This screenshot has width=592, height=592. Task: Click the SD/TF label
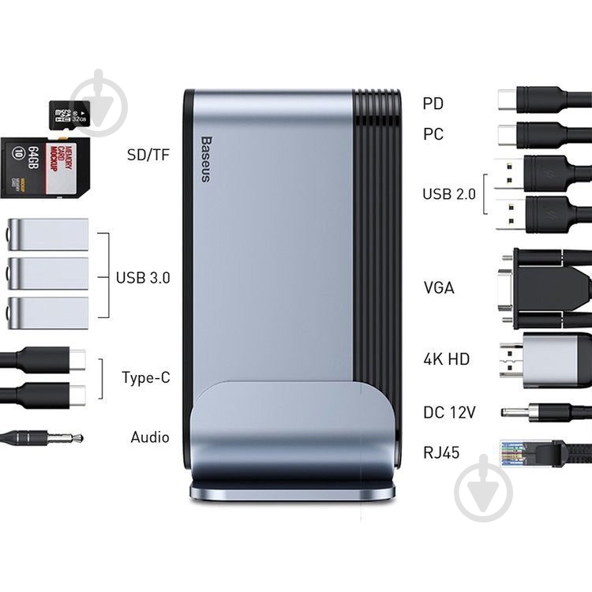(x=148, y=155)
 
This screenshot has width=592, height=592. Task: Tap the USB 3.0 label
(x=143, y=278)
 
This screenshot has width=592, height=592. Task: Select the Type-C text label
(x=146, y=377)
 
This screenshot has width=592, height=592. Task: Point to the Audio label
(x=150, y=437)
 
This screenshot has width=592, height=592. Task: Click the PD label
(x=433, y=103)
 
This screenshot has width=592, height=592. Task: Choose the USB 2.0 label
(x=449, y=194)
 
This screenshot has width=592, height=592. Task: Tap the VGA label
(x=439, y=287)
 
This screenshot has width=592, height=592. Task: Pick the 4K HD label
(x=446, y=358)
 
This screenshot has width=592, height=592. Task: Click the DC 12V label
(x=449, y=412)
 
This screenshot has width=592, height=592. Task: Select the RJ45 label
(x=441, y=452)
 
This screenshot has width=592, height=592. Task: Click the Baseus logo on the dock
(x=206, y=159)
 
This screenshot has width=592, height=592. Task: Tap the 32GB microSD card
(x=69, y=116)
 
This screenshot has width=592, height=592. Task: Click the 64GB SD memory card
(x=45, y=167)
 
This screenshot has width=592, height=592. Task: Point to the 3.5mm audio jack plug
(x=42, y=438)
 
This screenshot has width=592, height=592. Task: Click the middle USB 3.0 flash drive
(x=48, y=274)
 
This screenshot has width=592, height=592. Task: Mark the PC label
(x=433, y=134)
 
